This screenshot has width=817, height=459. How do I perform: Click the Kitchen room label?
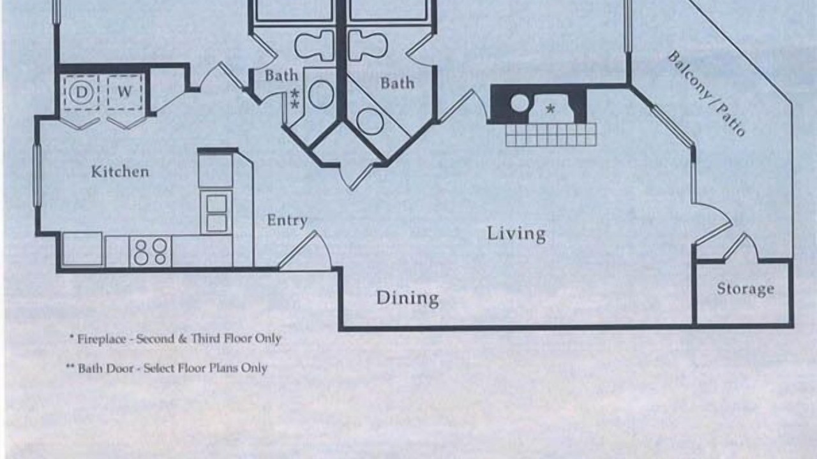coord(120,171)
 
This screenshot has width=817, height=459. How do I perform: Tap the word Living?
coord(516,233)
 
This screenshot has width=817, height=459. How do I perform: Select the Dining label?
coord(407,298)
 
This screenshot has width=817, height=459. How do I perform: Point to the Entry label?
coord(287,221)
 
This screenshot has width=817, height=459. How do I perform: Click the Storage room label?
coord(745,289)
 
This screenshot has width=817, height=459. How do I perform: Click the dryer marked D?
coord(81,92)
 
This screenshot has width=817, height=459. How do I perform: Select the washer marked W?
coord(124,92)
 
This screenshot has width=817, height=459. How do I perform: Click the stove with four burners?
coord(150,251)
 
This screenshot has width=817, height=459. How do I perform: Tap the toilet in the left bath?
coord(314,45)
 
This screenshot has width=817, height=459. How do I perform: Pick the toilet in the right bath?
coord(367,45)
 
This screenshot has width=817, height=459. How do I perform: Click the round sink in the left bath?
coord(321,94)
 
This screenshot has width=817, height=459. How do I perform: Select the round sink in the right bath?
coord(370,121)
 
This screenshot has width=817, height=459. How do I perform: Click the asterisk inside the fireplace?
coord(550,108)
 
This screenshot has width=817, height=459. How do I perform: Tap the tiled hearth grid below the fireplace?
coord(551,135)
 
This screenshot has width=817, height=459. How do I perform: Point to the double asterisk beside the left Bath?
coord(295,98)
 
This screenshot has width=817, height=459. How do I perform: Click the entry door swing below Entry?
coord(305,251)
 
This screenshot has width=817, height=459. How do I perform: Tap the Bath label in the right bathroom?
coord(397,83)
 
